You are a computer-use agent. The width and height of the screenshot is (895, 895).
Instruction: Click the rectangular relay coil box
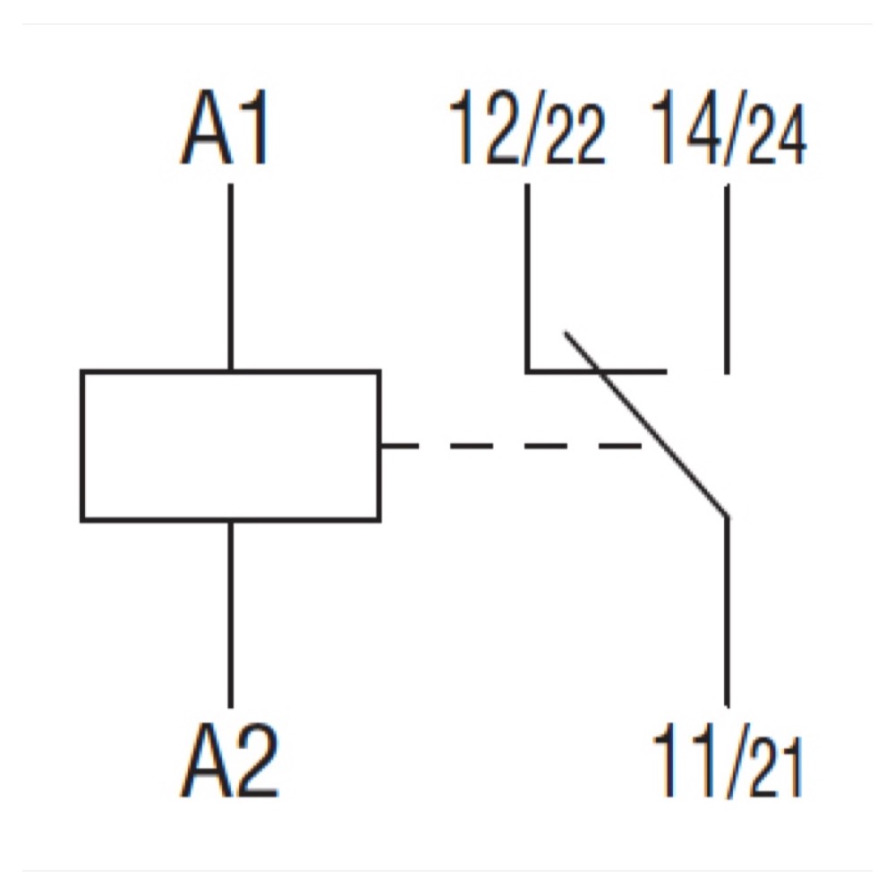click(x=231, y=445)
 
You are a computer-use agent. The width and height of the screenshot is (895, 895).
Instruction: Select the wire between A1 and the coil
click(x=231, y=277)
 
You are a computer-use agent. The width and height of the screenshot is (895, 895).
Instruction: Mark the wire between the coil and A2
click(x=231, y=613)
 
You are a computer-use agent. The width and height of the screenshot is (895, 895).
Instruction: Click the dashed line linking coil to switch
click(x=510, y=445)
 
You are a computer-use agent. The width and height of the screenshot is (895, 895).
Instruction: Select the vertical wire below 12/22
click(x=527, y=277)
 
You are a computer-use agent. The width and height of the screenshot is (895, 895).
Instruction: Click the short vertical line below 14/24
click(x=726, y=277)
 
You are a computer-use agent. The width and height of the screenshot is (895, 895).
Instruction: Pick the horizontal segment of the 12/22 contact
click(x=595, y=371)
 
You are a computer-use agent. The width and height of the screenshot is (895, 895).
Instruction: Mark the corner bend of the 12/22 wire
click(x=527, y=371)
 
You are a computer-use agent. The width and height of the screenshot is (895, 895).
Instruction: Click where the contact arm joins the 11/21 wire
click(x=726, y=516)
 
